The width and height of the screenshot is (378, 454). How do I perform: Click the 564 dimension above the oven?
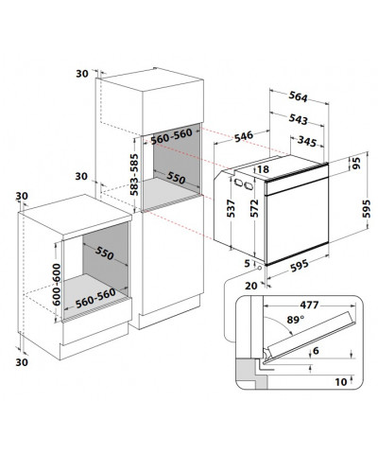[298, 96]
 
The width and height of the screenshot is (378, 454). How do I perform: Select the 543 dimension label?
[298, 119]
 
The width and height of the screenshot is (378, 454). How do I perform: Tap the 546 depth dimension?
[244, 136]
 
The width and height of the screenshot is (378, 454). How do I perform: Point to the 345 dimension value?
[307, 142]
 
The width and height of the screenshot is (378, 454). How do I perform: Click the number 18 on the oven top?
[263, 169]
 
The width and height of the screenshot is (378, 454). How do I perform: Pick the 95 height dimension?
[356, 164]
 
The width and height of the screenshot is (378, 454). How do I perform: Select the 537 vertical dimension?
[232, 208]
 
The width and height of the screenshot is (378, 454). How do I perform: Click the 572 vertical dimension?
[254, 208]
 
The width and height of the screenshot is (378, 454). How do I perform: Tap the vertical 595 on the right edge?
[366, 208]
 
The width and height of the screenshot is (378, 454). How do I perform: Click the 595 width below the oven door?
[300, 266]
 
